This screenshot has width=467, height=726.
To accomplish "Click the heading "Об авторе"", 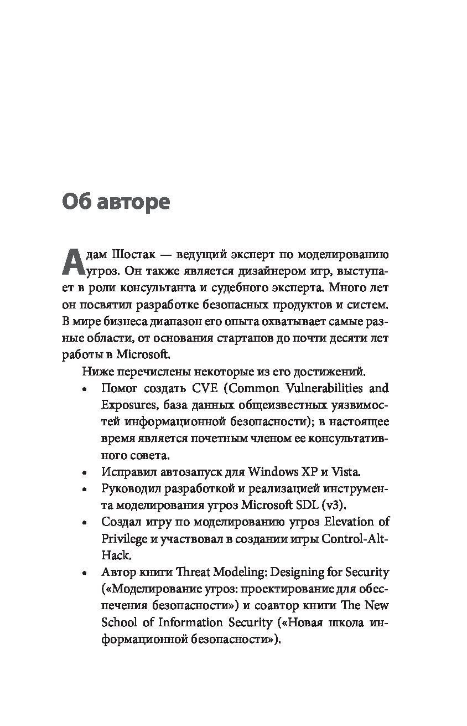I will tap(116, 202).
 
